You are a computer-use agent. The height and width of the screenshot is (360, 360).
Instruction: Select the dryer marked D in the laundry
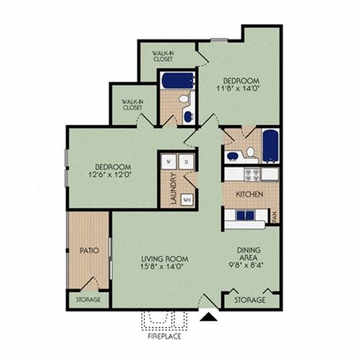187,161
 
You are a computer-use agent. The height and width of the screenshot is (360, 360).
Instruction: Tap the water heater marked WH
185,199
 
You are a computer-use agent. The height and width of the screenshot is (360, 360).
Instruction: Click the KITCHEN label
249,193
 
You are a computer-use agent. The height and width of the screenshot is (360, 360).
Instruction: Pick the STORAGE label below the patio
88,299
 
